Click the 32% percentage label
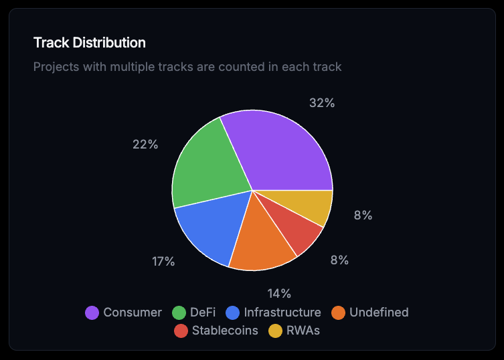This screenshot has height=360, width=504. pyautogui.click(x=322, y=103)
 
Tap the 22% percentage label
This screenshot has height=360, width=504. pyautogui.click(x=145, y=145)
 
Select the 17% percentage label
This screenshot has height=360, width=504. pyautogui.click(x=163, y=262)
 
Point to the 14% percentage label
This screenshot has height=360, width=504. pyautogui.click(x=279, y=293)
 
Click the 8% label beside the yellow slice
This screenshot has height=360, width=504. pyautogui.click(x=363, y=215)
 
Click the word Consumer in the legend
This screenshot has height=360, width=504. pyautogui.click(x=133, y=312)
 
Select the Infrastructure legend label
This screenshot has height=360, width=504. pyautogui.click(x=282, y=312)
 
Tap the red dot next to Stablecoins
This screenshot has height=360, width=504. pyautogui.click(x=181, y=331)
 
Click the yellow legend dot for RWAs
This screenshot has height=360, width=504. pyautogui.click(x=275, y=331)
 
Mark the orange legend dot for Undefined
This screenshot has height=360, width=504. pyautogui.click(x=338, y=312)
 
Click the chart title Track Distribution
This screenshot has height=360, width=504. pyautogui.click(x=90, y=43)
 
